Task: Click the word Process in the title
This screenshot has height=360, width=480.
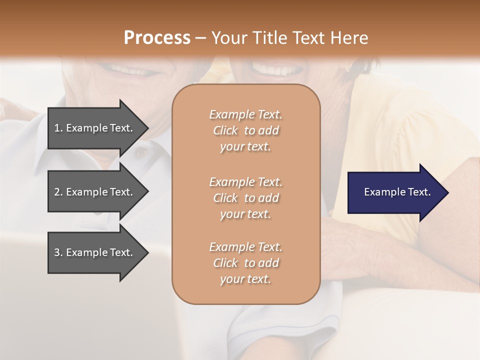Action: pos(157,38)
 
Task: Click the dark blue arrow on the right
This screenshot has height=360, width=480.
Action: pos(395,192)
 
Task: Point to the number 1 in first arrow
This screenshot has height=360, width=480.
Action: pos(57,128)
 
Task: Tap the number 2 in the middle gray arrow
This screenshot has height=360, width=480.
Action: pos(57,192)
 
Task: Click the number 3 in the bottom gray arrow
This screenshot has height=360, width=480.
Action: pos(57,252)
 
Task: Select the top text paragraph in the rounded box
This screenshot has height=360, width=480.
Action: pos(245,130)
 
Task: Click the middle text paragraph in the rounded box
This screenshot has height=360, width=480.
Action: pos(245,198)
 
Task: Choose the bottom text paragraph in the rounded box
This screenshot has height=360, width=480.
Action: pos(245,263)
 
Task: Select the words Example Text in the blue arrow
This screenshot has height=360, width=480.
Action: pos(397,192)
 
